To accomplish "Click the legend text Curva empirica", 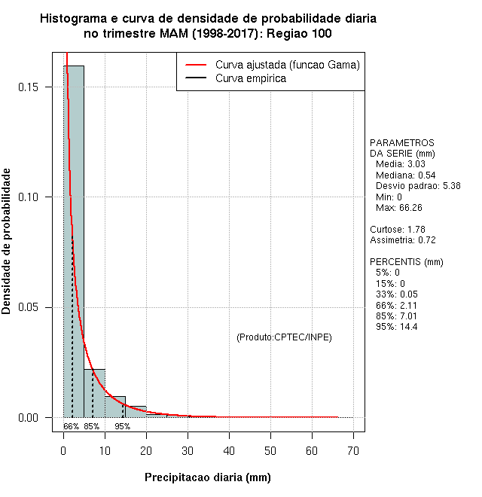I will click(251, 78).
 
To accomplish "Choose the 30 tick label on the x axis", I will click(188, 450).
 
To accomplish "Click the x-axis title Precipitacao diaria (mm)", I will click(207, 477).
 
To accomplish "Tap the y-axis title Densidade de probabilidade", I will click(7, 241).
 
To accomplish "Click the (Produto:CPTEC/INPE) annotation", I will click(284, 337).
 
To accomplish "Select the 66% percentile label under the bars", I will click(71, 426).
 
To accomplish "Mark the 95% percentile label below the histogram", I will click(122, 426).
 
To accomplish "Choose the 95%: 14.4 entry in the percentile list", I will click(396, 327).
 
